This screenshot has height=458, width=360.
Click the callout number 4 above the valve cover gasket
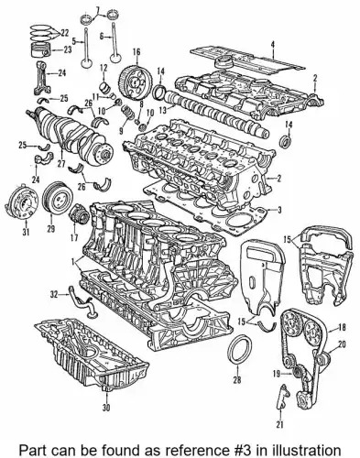[273, 45]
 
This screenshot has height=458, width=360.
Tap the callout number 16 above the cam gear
[136, 51]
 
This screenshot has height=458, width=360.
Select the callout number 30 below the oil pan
[106, 407]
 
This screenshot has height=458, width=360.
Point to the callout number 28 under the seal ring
[237, 379]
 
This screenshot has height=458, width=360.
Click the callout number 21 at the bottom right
[280, 424]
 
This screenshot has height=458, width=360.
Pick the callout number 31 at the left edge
[26, 233]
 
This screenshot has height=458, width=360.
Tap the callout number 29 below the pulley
[51, 228]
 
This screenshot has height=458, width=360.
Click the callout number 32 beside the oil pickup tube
[54, 294]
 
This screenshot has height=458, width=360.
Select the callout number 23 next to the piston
[67, 49]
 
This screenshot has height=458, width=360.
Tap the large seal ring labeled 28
[238, 351]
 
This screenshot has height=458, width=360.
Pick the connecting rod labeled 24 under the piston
[41, 78]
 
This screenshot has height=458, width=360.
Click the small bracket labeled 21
[282, 397]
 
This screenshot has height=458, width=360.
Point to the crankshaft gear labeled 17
[79, 214]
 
